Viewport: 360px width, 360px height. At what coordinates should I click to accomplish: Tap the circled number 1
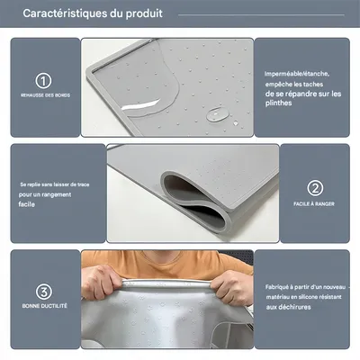tap(43, 80)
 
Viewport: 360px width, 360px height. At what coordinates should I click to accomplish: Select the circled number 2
tap(315, 188)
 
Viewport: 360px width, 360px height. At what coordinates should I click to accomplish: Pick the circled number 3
tap(43, 292)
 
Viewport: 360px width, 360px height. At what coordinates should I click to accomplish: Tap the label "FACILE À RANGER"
tap(315, 204)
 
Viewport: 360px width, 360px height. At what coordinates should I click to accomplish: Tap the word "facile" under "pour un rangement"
tap(27, 204)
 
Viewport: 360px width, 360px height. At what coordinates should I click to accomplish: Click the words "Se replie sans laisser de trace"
tap(54, 184)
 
